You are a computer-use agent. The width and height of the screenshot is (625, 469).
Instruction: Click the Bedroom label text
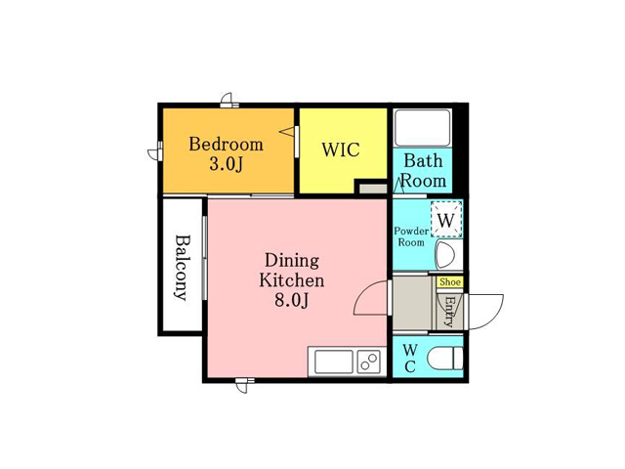[226, 144]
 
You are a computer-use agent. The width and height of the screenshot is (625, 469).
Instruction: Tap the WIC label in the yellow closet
[341, 149]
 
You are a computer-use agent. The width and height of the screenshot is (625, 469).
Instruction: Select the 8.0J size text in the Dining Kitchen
[291, 300]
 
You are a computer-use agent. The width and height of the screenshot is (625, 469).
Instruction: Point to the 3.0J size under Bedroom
[226, 164]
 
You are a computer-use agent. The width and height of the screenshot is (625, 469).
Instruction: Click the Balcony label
[183, 268]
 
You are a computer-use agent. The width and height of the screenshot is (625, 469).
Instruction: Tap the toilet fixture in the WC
[445, 359]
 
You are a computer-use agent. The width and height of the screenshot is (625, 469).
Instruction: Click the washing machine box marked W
[446, 219]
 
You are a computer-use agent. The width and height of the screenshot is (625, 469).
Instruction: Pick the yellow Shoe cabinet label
[450, 282]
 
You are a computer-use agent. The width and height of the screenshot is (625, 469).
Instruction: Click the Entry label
[450, 312]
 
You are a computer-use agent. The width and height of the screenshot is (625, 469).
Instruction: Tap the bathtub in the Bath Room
[422, 128]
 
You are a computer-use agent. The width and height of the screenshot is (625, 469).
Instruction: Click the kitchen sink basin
[334, 362]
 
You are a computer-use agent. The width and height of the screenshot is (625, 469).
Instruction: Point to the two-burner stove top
[369, 362]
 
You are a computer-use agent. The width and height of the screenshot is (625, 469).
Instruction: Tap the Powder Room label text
[411, 236]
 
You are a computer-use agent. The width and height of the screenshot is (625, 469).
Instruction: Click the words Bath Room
[423, 171]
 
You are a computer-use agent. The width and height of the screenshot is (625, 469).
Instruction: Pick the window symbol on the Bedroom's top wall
[229, 102]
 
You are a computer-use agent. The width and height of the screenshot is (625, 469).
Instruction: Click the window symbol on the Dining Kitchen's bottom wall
[244, 384]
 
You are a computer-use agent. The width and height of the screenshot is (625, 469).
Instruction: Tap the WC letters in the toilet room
[410, 359]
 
